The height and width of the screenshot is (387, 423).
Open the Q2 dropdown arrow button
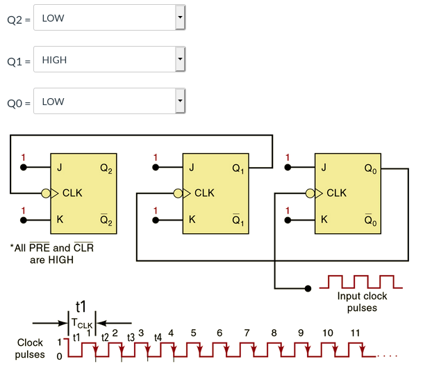[x=180, y=17]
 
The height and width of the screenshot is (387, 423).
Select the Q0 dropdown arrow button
[x=180, y=101]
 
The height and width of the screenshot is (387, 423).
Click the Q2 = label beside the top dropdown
[x=19, y=19]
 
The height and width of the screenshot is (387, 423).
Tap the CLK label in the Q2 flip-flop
[x=72, y=193]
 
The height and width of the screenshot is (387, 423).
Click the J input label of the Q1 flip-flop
[x=192, y=168]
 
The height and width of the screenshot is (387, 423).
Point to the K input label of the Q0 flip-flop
[x=323, y=219]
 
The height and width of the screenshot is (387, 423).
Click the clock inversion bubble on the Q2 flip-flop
[x=47, y=193]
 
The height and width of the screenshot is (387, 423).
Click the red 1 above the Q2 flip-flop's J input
[x=24, y=157]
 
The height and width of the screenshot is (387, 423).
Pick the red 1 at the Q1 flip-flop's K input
[x=156, y=210]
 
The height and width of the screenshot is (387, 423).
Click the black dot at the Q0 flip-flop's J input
[x=288, y=168]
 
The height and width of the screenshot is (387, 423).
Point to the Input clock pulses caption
[x=362, y=302]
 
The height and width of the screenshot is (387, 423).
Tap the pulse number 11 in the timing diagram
[x=355, y=333]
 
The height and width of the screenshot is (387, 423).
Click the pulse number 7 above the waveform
[x=247, y=333]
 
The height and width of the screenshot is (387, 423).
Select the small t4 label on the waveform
[x=158, y=338]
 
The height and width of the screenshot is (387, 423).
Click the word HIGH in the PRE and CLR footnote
[x=60, y=260]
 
